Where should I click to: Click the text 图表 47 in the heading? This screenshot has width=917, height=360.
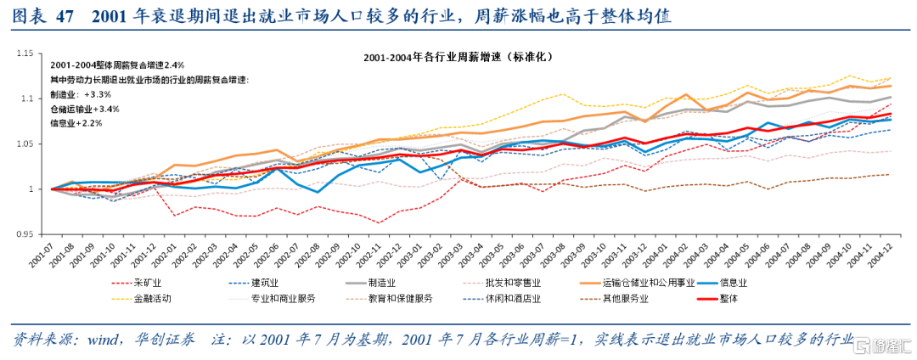(42, 14)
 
